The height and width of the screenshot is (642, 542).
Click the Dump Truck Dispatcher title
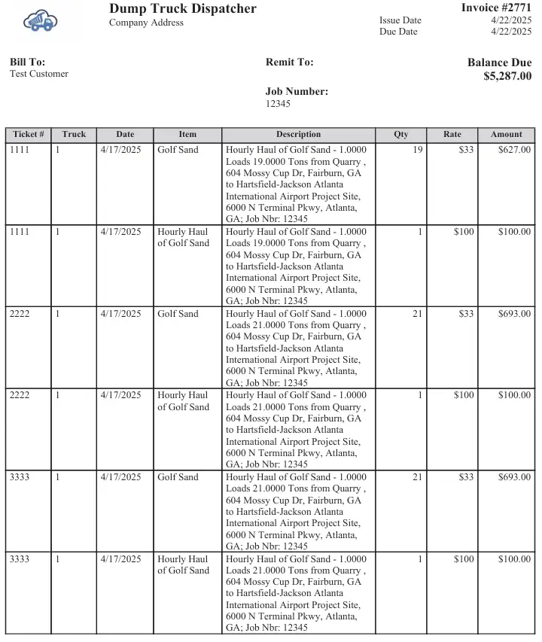point(182,9)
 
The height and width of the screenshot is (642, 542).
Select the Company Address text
point(146,23)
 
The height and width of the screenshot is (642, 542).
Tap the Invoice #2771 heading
point(496,8)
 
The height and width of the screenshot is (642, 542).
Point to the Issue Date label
point(400,20)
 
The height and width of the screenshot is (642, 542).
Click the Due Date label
point(398,32)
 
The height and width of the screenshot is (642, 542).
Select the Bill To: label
point(27,62)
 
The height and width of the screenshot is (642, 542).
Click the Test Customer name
point(39,74)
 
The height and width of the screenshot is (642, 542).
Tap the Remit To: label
point(289,62)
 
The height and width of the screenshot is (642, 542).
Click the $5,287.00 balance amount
point(507,76)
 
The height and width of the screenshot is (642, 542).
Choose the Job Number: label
point(297,92)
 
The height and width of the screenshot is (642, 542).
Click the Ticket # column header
point(29,135)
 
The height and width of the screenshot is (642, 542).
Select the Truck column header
point(74,135)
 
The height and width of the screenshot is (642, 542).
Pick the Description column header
point(298,135)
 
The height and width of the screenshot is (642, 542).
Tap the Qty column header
point(401,135)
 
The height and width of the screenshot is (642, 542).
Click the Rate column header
point(452,135)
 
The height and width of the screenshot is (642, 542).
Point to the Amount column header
point(507,135)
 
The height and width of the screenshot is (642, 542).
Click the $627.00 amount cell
point(514,150)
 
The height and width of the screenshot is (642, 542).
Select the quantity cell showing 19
point(418,150)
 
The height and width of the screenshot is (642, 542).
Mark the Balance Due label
point(499,62)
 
